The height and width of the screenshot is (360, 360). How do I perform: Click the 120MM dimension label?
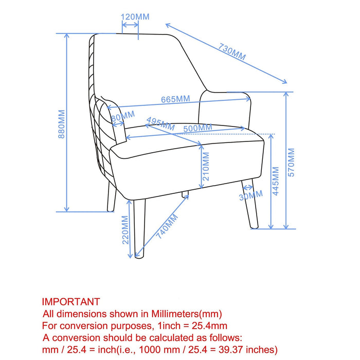click(135, 17)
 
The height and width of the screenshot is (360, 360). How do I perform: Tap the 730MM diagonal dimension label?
click(232, 51)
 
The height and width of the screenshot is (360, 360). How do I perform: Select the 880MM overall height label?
click(62, 124)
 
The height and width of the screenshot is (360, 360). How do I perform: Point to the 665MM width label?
click(175, 99)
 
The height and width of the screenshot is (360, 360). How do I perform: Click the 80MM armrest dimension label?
click(123, 116)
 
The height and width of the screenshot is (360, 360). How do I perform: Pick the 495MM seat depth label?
click(160, 124)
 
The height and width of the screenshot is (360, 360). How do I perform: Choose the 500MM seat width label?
click(197, 128)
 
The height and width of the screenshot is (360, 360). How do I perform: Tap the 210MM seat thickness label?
click(206, 167)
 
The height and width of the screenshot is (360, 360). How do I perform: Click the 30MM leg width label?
click(251, 195)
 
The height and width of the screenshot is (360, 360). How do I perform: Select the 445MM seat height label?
click(276, 181)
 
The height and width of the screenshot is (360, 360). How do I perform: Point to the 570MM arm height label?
click(291, 163)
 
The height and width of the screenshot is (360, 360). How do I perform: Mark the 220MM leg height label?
click(125, 230)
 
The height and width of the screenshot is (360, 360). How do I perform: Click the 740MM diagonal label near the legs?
click(167, 226)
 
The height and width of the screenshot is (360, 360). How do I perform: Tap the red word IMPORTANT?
click(71, 302)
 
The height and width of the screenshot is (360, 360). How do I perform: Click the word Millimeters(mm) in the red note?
click(186, 314)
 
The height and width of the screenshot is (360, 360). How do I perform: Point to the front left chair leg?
click(139, 229)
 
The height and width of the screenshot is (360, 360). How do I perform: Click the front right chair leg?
click(250, 204)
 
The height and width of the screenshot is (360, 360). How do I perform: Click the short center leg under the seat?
click(185, 194)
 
